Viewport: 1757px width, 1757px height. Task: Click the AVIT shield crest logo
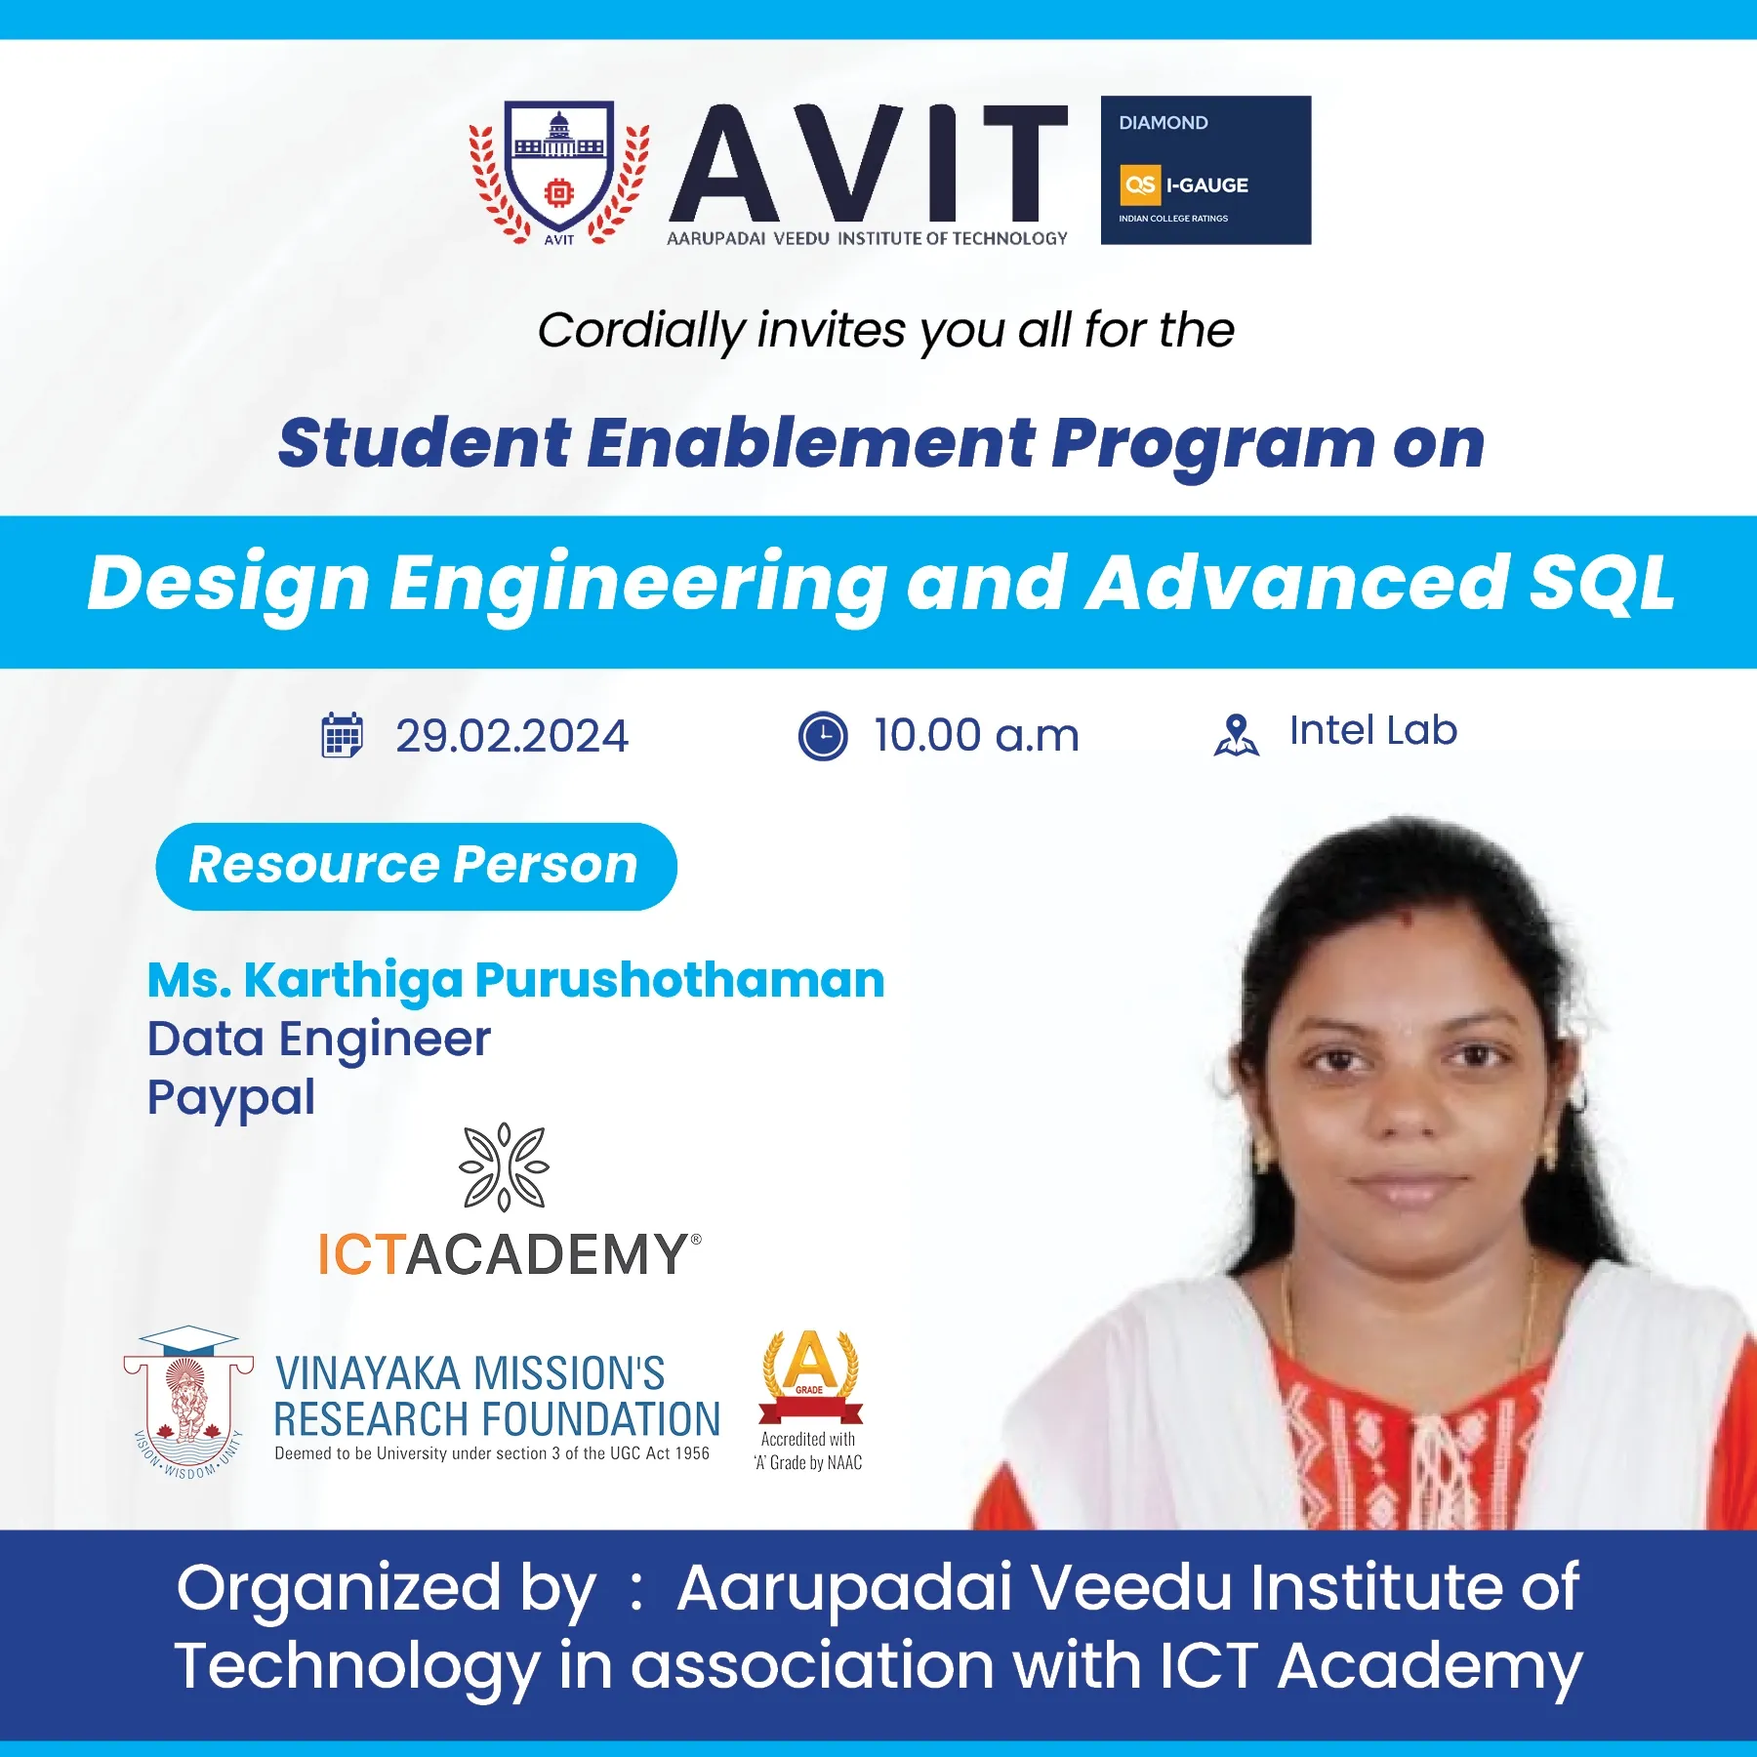click(x=559, y=173)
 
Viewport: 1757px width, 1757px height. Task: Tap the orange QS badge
click(x=1139, y=185)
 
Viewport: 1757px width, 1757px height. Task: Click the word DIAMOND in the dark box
click(x=1163, y=123)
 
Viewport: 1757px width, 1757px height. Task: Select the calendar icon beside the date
click(x=342, y=735)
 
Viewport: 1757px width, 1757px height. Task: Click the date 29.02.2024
click(x=511, y=736)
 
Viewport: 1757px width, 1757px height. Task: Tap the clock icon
click(x=823, y=736)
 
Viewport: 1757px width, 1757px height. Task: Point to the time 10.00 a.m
click(x=976, y=736)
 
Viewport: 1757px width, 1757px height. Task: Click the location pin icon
click(x=1236, y=735)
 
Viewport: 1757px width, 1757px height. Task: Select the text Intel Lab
click(x=1372, y=730)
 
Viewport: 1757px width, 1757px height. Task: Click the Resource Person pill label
click(x=416, y=866)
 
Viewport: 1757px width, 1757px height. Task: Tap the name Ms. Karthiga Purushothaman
click(x=515, y=980)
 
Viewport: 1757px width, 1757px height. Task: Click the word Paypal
click(x=231, y=1098)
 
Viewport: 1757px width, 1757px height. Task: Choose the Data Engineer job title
click(x=318, y=1038)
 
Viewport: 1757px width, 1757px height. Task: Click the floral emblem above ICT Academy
click(x=504, y=1167)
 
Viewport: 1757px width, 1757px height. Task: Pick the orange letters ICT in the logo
click(x=361, y=1254)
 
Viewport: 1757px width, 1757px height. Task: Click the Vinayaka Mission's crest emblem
click(x=188, y=1401)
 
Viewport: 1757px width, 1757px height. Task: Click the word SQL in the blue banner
click(x=1601, y=583)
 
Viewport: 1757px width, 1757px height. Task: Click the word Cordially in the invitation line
click(x=641, y=331)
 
